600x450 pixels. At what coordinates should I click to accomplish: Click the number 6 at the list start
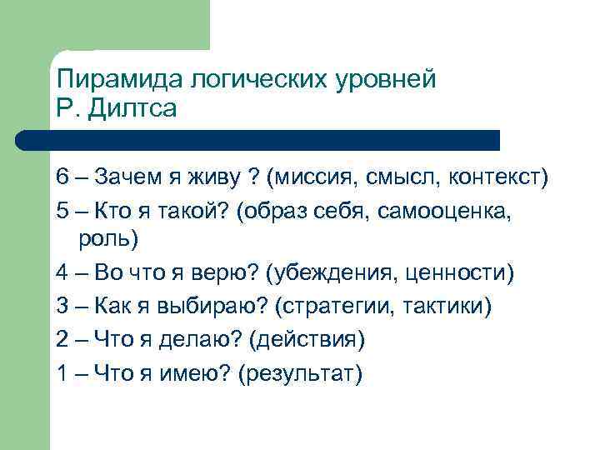63,177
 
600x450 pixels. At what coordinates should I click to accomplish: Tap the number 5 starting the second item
63,212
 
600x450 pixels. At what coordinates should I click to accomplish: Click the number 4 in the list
63,274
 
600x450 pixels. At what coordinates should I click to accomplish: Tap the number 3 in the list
63,307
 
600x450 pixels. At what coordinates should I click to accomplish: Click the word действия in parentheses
317,341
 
